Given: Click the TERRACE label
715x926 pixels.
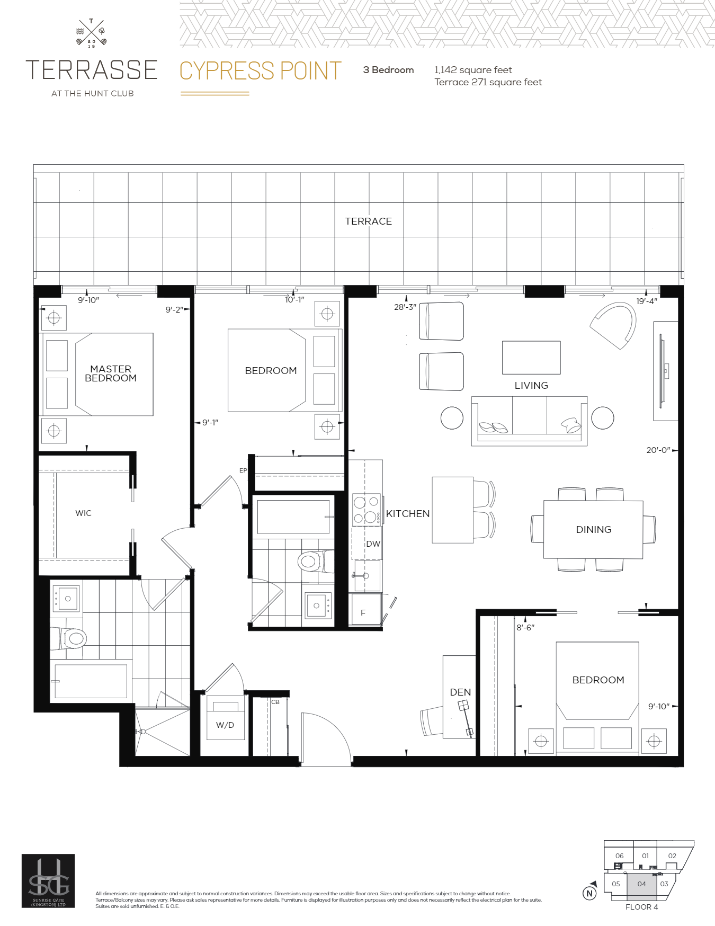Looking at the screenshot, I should coord(368,221).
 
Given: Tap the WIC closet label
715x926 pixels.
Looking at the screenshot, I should coord(83,513).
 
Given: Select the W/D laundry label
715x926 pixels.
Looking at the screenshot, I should coord(225,725).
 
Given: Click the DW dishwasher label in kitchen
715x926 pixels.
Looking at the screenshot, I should coord(373,544).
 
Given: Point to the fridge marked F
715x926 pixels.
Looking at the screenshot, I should coord(363,612).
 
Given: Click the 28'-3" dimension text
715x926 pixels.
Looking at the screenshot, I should coord(405,307).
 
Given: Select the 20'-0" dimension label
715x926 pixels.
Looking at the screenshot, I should coord(658,450).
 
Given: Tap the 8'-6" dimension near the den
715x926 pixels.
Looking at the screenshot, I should coord(525,627).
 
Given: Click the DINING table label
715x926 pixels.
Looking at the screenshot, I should coord(593,529).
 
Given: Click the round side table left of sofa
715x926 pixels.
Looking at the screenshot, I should coord(452,417).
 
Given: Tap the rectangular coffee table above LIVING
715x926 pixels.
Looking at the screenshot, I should coord(531,358).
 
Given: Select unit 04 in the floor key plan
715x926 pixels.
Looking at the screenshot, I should coord(641,884).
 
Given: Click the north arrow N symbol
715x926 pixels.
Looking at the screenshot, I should coord(589,893).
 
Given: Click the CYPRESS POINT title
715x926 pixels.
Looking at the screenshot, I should coord(261,71).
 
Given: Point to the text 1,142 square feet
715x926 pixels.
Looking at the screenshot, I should coord(473,70).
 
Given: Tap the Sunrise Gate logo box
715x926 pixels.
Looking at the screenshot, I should coord(48,880).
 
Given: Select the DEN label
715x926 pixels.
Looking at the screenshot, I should coord(460,692).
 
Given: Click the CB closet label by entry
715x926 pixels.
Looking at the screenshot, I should coord(275,702).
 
